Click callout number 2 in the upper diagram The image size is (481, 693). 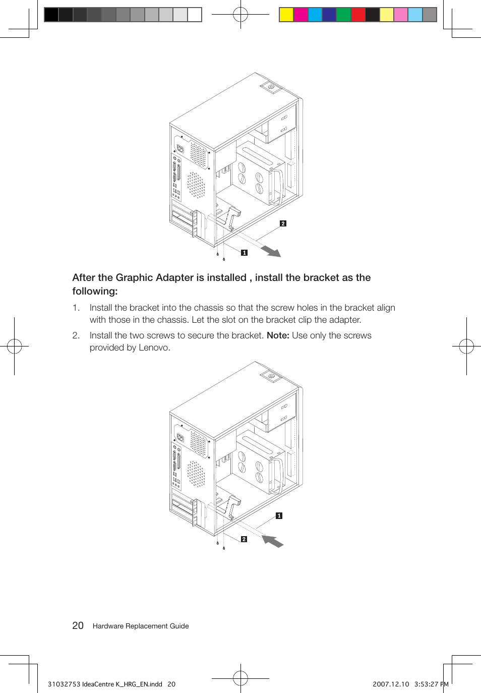pos(283,223)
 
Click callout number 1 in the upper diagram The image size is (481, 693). pos(244,253)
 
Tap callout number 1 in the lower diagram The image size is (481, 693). pos(279,515)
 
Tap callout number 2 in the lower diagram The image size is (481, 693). pos(244,539)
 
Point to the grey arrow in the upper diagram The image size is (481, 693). pos(271,251)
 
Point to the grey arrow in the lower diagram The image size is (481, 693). pos(273,541)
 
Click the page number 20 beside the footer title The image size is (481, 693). pos(78,625)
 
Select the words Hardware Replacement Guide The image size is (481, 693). pos(141,626)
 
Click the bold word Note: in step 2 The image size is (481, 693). pos(278,335)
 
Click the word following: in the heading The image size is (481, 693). pos(95,291)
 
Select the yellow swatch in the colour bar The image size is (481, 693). pos(286,15)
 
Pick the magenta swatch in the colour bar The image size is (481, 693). pos(300,15)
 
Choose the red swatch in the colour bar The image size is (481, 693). pos(358,15)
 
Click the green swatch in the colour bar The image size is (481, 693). pos(343,15)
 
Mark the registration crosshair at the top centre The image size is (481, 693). pos(240,15)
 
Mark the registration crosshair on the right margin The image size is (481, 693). pos(466,346)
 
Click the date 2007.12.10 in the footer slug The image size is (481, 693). pos(391,684)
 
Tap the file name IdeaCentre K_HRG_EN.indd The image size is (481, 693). pos(122,684)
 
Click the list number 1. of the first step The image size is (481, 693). pos(76,308)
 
